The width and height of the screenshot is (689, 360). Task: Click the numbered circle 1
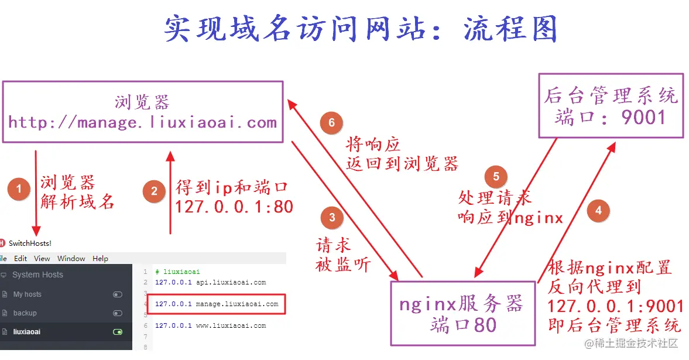point(19,189)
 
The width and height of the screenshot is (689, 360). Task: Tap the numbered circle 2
point(154,191)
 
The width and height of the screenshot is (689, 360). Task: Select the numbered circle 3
point(332,218)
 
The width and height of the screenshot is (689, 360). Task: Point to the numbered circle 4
point(598,210)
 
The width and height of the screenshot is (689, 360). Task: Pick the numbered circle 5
point(496,177)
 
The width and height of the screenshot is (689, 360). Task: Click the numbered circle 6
point(331,122)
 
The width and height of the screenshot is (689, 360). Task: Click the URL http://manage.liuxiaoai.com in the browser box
point(142,122)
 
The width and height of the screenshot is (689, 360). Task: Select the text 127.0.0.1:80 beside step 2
point(234,207)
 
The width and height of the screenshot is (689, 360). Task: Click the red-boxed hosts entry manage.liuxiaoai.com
point(217,304)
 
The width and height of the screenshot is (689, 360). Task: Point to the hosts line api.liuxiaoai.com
point(210,282)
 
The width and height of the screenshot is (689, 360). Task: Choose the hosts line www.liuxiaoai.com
point(210,325)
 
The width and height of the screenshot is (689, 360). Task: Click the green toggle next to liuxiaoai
point(118,332)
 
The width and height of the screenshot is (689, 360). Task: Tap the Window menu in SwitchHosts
point(71,258)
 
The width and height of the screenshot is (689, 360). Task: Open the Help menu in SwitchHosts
point(101,258)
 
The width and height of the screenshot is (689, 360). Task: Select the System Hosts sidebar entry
point(37,275)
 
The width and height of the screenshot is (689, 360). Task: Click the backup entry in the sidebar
point(25,313)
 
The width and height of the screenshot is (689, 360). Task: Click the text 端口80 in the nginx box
point(462,325)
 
